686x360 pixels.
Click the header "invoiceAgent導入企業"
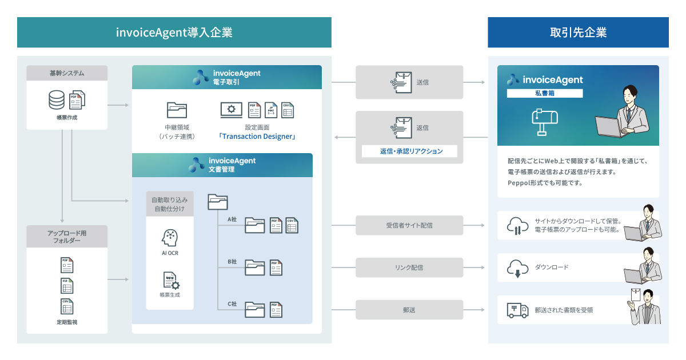tap(174, 33)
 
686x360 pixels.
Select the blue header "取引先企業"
tap(578, 33)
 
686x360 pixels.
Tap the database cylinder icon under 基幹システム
tap(57, 100)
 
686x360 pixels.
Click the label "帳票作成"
tap(66, 118)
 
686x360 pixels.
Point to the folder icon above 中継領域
tap(177, 110)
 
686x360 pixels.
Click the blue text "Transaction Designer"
tap(257, 137)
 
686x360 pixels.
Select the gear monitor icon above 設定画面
tap(230, 110)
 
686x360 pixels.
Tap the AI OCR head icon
tap(170, 237)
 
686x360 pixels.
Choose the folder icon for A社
tap(254, 226)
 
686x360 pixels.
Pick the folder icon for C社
tap(254, 310)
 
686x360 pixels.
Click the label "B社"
tap(232, 262)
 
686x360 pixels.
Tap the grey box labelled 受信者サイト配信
tap(409, 225)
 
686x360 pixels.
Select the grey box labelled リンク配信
tap(409, 267)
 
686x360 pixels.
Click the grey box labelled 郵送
tap(409, 310)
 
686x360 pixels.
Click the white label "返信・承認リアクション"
tap(410, 151)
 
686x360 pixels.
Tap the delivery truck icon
tap(517, 310)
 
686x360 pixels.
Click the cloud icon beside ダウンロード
tap(517, 267)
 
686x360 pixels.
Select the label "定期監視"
tap(66, 322)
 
